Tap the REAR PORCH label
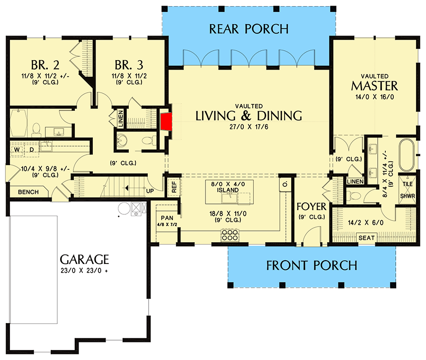coord(248,29)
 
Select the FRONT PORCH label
coord(311,265)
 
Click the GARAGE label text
coord(85,259)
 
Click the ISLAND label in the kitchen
coord(228,190)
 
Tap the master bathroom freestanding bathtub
coord(407,155)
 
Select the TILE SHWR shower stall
coord(408,190)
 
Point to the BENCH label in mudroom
coord(28,192)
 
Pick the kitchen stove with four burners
coord(230,236)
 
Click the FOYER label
coord(311,207)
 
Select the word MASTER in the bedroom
coord(374,86)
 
